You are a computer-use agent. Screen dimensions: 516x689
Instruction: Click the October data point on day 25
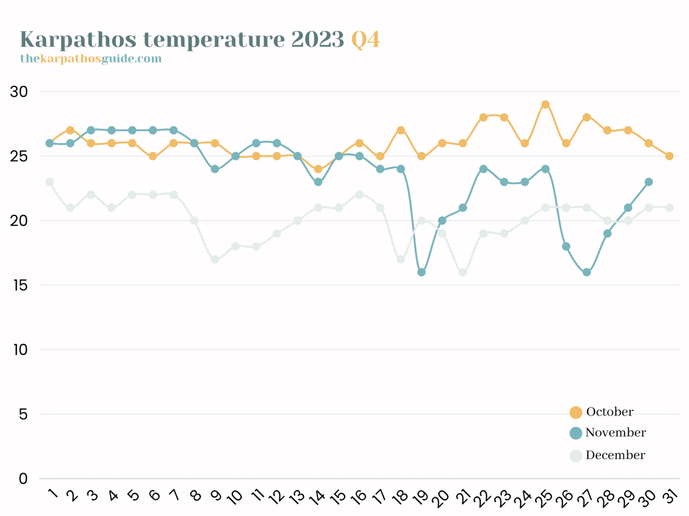pos(545,105)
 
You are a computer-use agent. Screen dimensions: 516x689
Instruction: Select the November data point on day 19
pos(422,272)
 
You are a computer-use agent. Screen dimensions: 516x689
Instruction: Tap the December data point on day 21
pos(463,272)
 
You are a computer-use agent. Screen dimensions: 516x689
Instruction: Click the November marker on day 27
pos(587,272)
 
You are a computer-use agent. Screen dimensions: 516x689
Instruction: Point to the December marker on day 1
pos(49,182)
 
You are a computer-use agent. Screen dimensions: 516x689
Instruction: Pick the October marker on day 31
pos(669,156)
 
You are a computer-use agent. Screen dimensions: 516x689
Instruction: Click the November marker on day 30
pos(649,182)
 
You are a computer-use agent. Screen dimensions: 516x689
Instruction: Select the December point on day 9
pos(215,259)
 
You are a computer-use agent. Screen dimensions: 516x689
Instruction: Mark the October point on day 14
pos(318,169)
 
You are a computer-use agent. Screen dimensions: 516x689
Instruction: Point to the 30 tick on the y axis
pos(19,92)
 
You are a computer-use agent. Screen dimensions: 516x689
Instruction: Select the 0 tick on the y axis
pos(23,479)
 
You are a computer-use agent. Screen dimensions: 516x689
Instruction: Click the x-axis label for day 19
pos(421,497)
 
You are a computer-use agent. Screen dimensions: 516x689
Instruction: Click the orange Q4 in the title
pos(366,40)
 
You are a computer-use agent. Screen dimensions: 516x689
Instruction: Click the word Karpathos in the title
pos(78,40)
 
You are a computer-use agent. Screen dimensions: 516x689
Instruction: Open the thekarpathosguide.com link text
pos(91,59)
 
